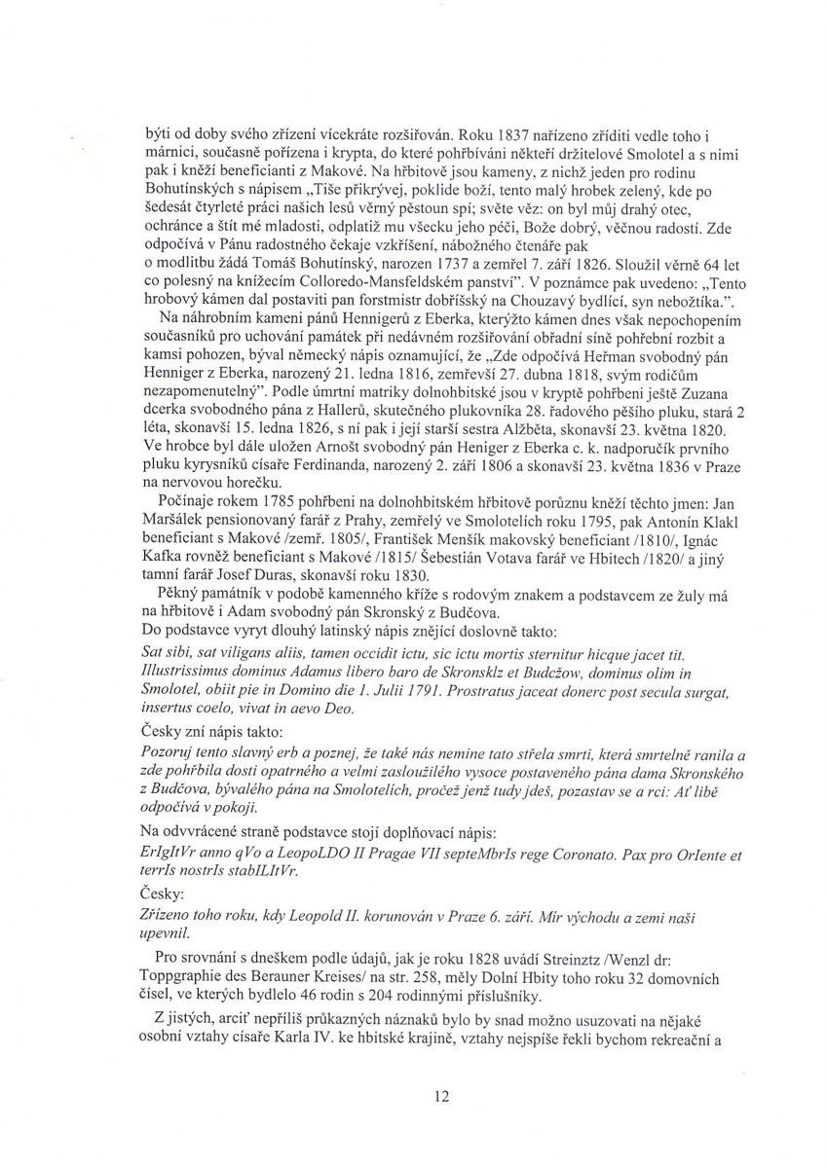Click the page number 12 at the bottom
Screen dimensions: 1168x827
coord(441,1096)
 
